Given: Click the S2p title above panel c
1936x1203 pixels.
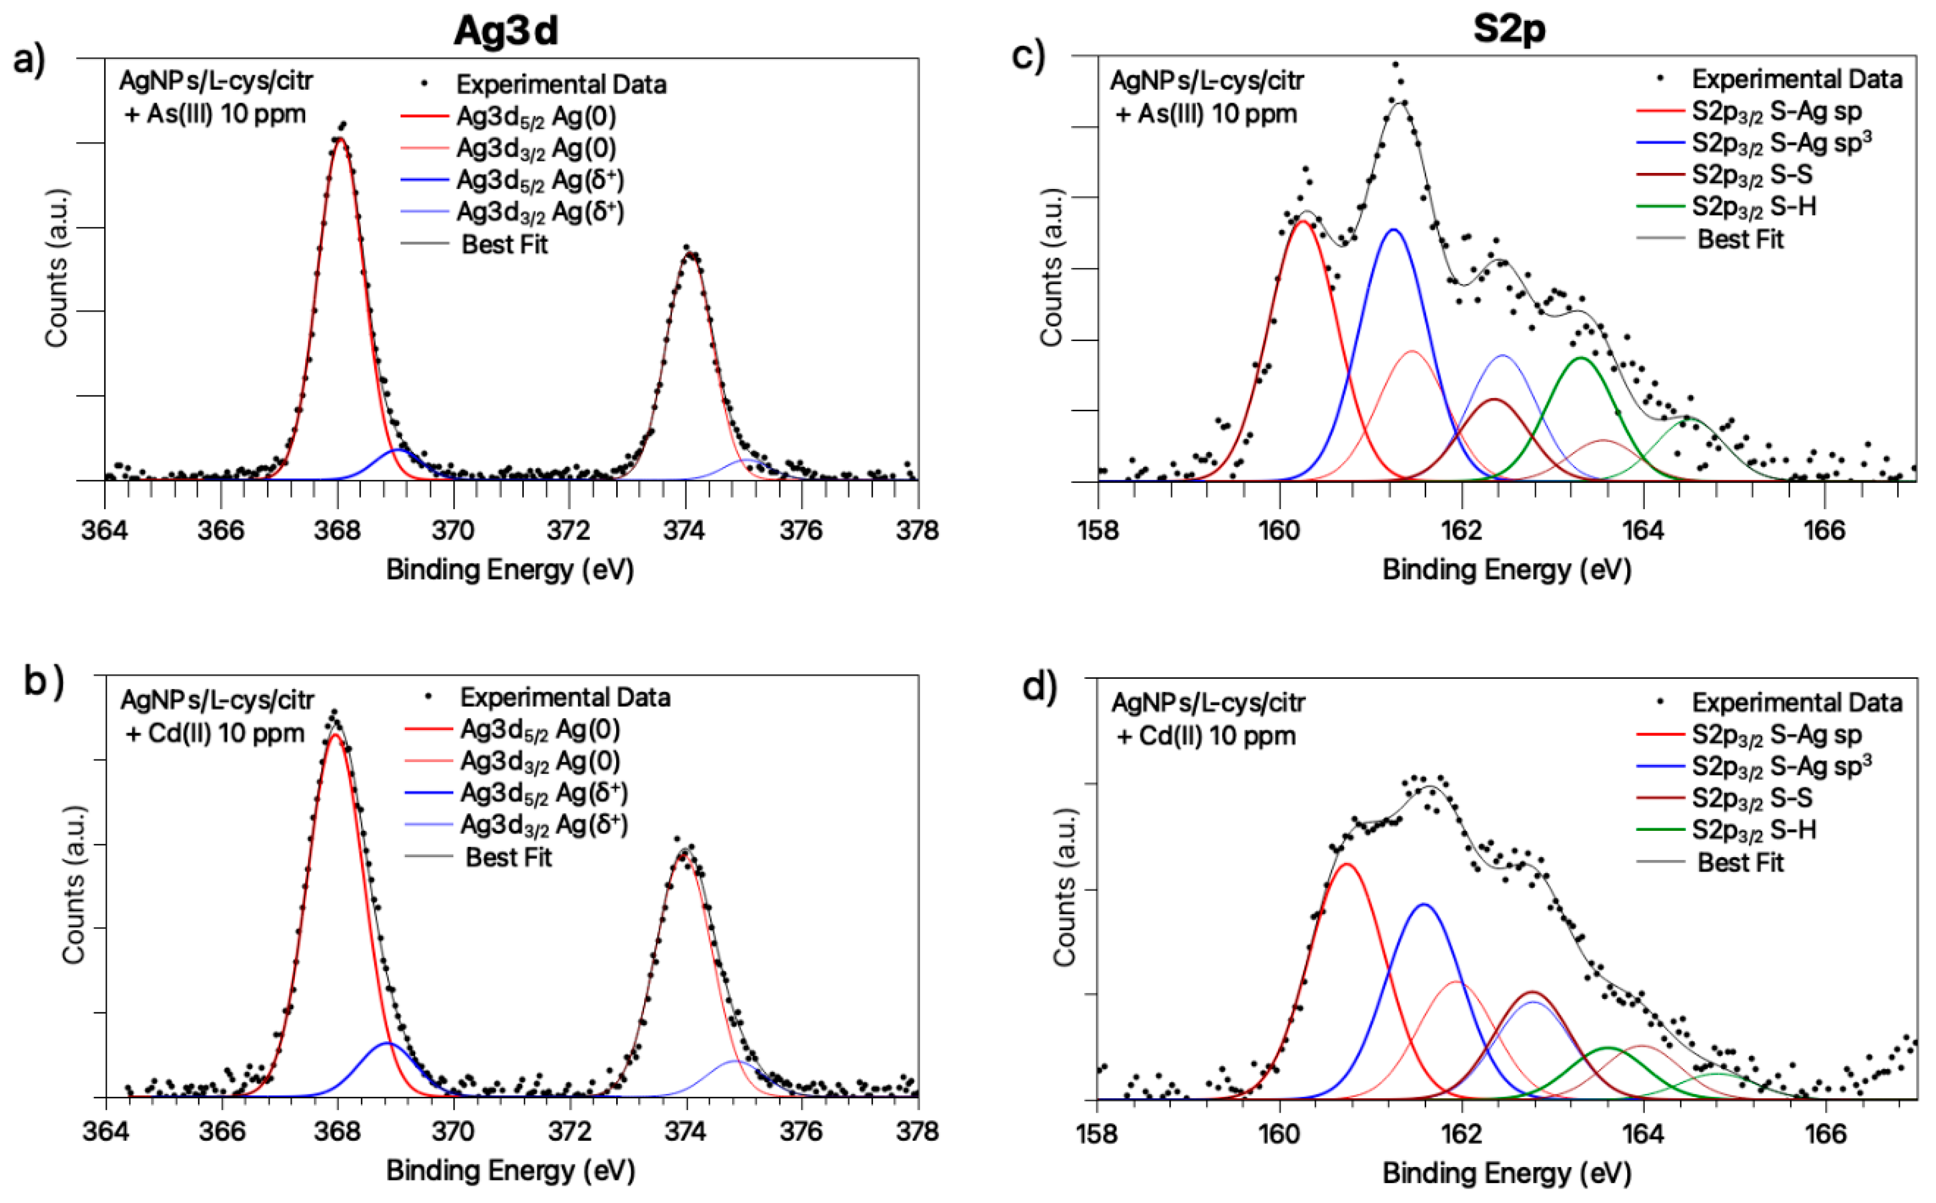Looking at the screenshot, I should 1509,30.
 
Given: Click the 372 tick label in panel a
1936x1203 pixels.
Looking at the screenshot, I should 569,531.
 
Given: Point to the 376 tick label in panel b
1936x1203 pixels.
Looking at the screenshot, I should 800,1132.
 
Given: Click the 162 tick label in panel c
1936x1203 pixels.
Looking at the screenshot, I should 1461,531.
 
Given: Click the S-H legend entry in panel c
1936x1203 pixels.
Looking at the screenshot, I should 1754,207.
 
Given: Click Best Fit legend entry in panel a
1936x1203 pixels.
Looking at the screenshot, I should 504,244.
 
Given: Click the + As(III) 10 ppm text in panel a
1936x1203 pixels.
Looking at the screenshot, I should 215,114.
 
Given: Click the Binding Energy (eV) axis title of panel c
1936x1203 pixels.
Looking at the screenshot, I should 1506,570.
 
